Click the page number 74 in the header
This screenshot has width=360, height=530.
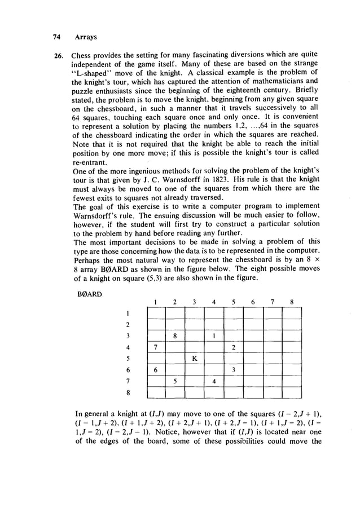click(56, 37)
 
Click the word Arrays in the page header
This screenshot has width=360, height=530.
click(86, 37)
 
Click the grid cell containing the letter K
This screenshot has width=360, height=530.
click(194, 358)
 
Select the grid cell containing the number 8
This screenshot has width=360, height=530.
click(175, 336)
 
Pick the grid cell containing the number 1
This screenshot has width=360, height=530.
click(214, 336)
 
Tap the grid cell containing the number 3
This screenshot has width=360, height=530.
click(233, 369)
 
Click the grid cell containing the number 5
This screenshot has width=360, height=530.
click(175, 381)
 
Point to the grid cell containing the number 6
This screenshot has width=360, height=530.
click(155, 369)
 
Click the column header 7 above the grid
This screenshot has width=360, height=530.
click(272, 302)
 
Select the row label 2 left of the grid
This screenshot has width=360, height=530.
click(128, 325)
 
